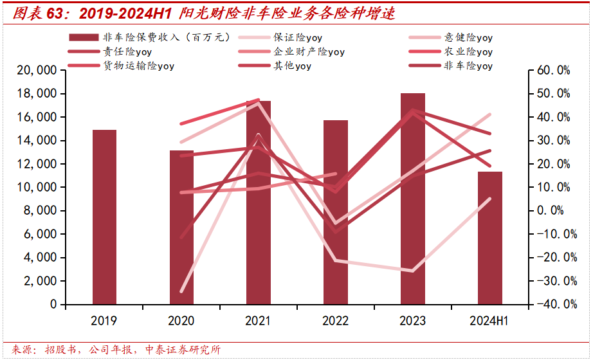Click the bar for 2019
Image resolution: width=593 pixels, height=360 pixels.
click(104, 217)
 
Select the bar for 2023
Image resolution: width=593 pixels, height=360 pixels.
click(412, 199)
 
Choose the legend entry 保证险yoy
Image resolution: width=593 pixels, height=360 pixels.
click(298, 38)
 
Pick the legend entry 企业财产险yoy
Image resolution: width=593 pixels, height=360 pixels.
click(309, 51)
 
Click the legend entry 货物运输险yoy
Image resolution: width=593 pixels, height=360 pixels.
click(138, 66)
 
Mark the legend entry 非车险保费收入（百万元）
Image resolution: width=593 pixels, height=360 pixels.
click(166, 38)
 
